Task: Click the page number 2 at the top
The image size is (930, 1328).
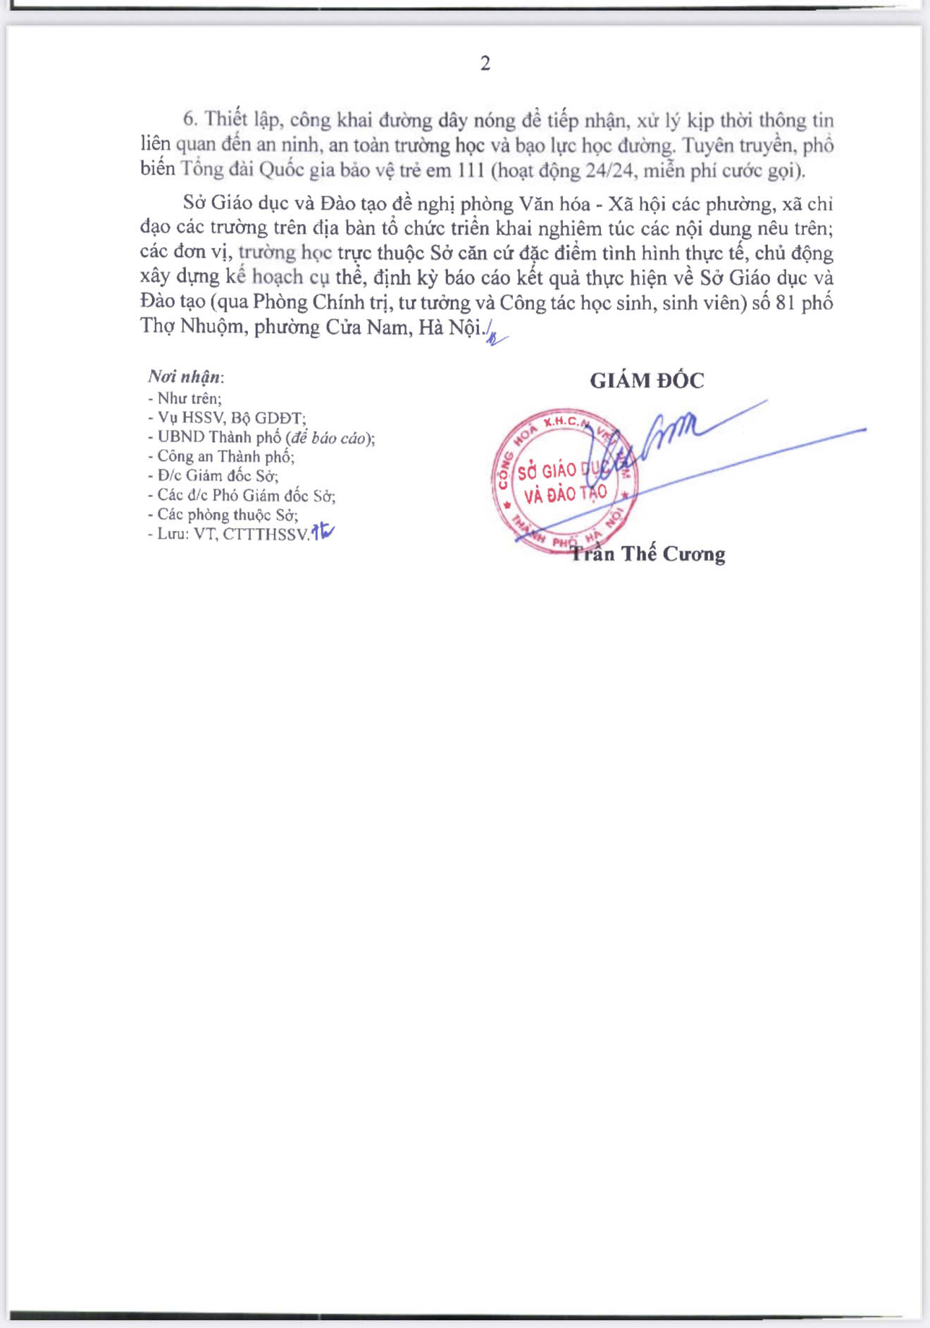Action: [x=485, y=63]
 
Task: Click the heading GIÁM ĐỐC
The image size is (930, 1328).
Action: [x=647, y=380]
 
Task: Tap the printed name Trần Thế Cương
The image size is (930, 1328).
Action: [x=647, y=553]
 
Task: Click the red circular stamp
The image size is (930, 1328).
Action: [x=563, y=481]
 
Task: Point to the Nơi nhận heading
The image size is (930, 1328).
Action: [x=185, y=377]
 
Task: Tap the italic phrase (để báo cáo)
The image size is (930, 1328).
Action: [x=329, y=437]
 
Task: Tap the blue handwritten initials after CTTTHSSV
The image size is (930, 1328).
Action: [x=323, y=532]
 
